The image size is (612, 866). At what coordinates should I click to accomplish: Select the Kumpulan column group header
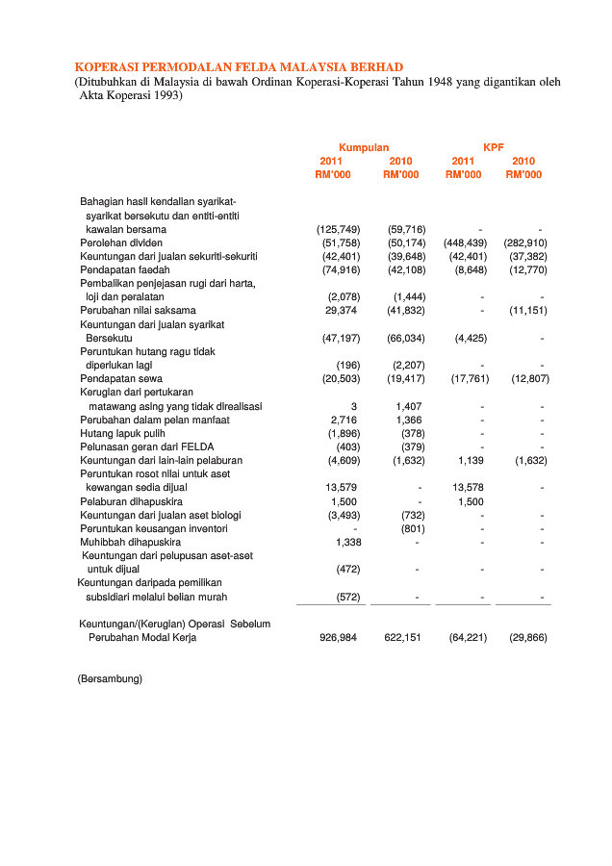(x=363, y=147)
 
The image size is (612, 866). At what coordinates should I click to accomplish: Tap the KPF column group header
(x=493, y=147)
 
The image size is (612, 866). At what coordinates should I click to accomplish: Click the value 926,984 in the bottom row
(x=338, y=638)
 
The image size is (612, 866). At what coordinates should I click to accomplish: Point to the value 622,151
(x=404, y=638)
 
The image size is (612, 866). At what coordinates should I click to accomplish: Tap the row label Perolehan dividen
(x=123, y=243)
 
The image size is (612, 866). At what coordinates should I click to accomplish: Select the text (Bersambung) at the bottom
(x=110, y=679)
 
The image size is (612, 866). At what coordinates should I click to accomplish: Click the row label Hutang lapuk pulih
(x=124, y=434)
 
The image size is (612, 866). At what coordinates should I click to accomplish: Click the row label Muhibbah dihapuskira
(x=130, y=542)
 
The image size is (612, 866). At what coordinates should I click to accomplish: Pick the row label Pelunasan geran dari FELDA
(x=146, y=447)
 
